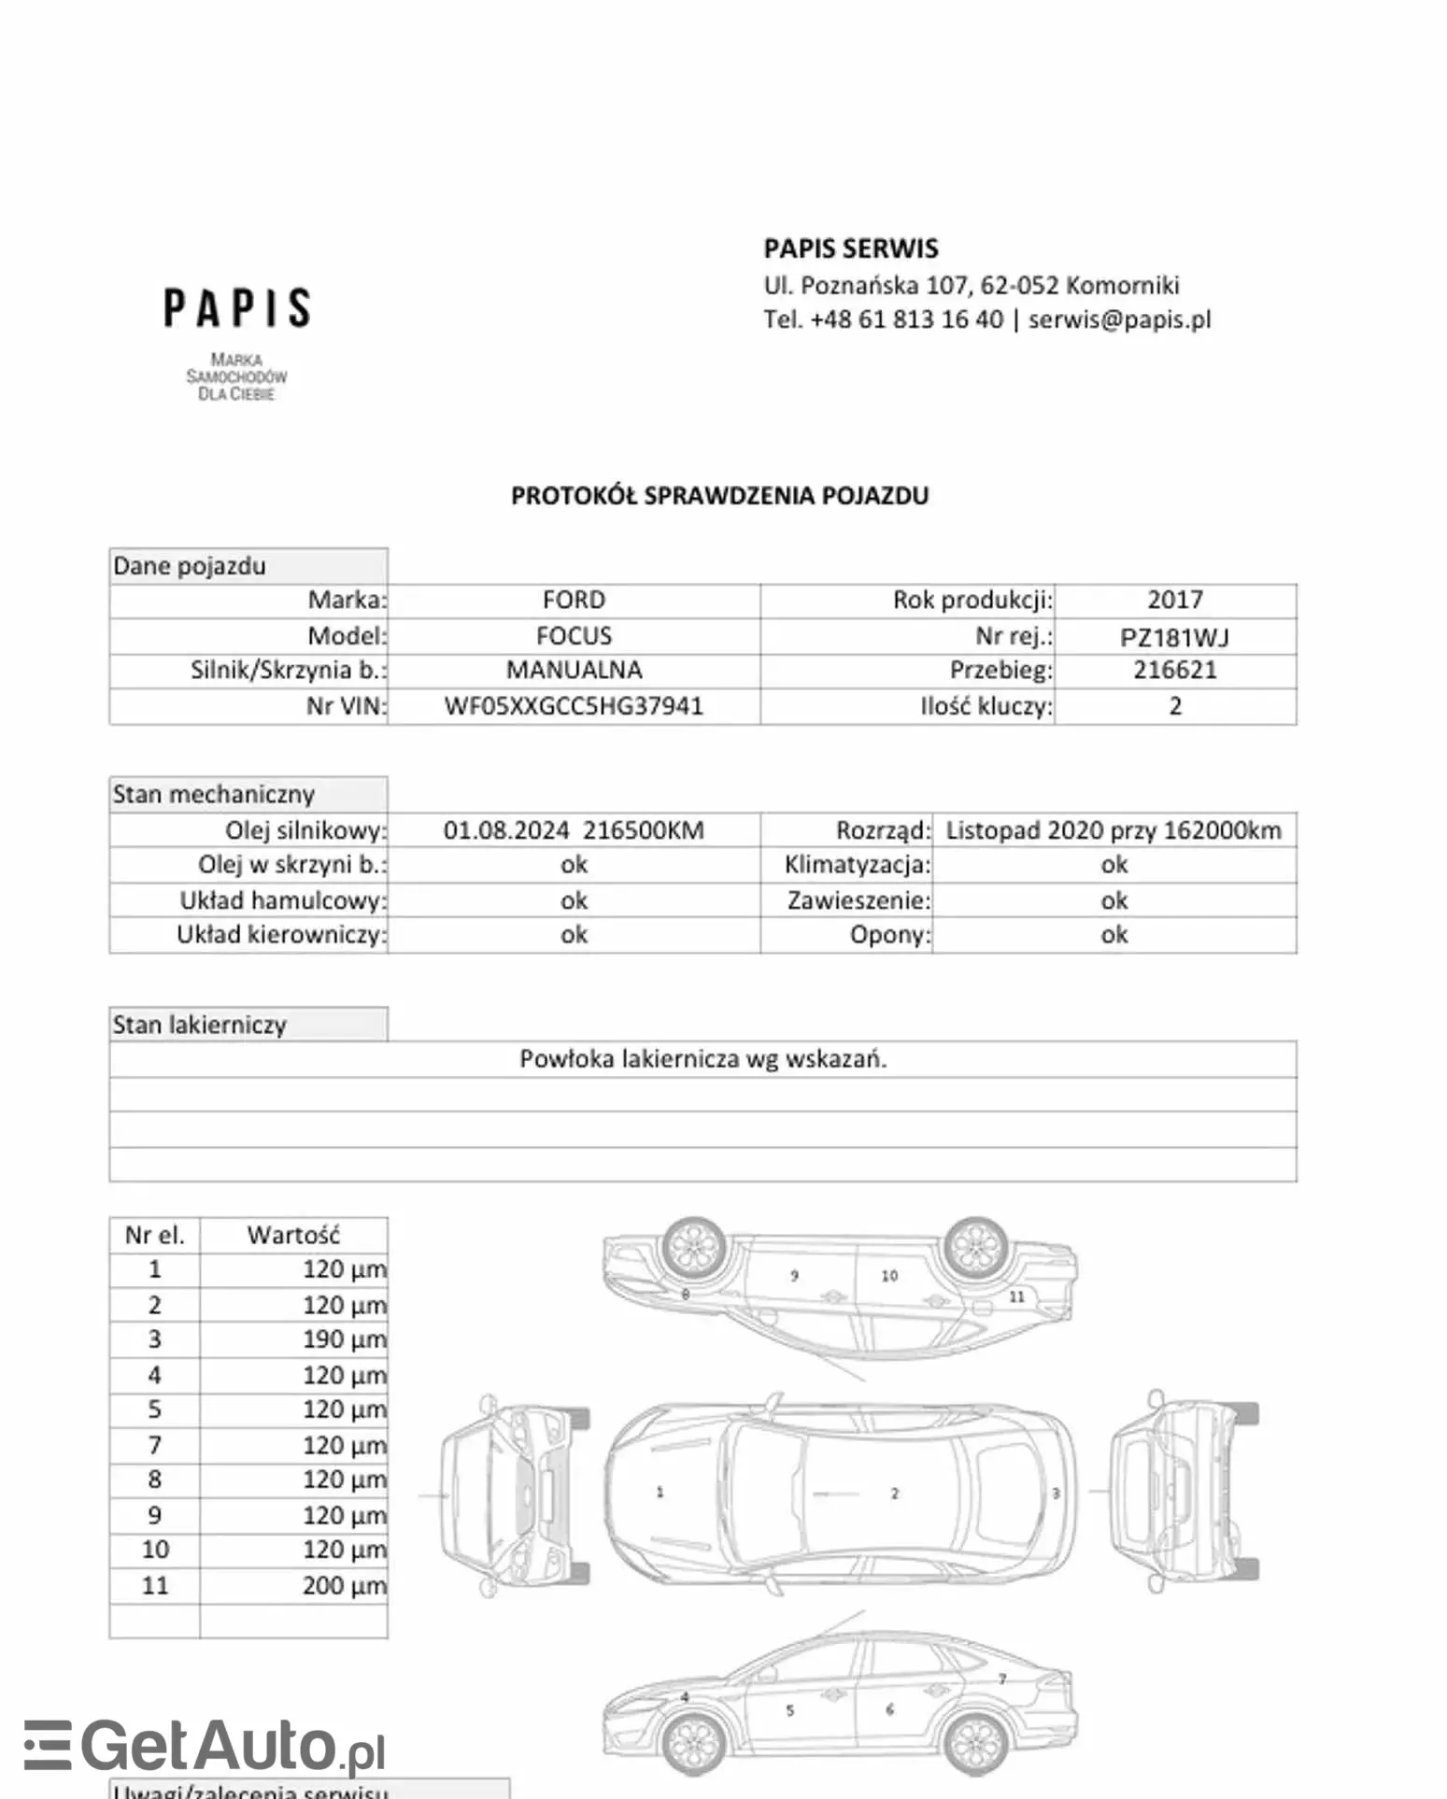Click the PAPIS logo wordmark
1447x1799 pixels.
pyautogui.click(x=237, y=308)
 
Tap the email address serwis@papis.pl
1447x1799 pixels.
pyautogui.click(x=1119, y=319)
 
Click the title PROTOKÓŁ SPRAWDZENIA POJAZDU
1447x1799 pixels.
pyautogui.click(x=719, y=495)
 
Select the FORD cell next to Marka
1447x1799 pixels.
pyautogui.click(x=574, y=600)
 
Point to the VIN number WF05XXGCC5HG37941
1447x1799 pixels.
pyautogui.click(x=574, y=706)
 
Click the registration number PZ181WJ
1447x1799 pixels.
pyautogui.click(x=1174, y=637)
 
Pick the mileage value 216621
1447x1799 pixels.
pyautogui.click(x=1174, y=670)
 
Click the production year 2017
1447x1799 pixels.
pyautogui.click(x=1174, y=600)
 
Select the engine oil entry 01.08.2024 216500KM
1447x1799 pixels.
pyautogui.click(x=574, y=830)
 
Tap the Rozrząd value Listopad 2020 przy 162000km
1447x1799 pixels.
pyautogui.click(x=1114, y=830)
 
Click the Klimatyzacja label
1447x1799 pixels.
pyautogui.click(x=858, y=865)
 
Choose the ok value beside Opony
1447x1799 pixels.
pyautogui.click(x=1114, y=935)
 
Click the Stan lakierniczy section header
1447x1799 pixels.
pyautogui.click(x=200, y=1025)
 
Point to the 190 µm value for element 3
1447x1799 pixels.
pyautogui.click(x=344, y=1339)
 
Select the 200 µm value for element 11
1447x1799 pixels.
pyautogui.click(x=344, y=1585)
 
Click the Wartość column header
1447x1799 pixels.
pyautogui.click(x=293, y=1235)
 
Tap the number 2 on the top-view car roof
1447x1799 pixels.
pyautogui.click(x=894, y=1494)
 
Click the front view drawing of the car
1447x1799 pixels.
pyautogui.click(x=514, y=1494)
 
